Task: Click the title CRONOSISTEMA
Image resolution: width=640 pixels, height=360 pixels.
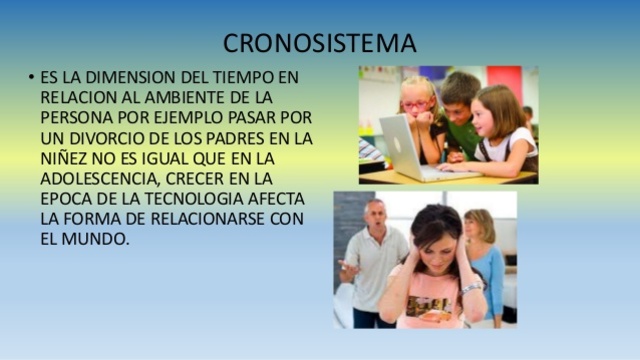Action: [320, 44]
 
